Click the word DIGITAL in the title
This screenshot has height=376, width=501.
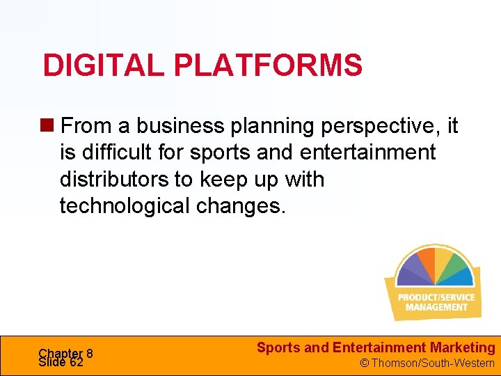pyautogui.click(x=104, y=65)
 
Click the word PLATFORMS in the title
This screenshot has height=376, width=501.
pyautogui.click(x=267, y=65)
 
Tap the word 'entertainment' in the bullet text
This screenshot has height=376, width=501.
pyautogui.click(x=367, y=152)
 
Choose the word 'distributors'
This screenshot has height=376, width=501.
pyautogui.click(x=114, y=179)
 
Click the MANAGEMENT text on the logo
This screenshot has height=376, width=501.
pyautogui.click(x=436, y=307)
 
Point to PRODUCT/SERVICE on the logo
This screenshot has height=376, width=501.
pyautogui.click(x=436, y=297)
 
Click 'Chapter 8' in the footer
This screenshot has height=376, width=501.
pyautogui.click(x=66, y=353)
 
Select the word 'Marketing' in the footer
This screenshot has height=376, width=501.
pyautogui.click(x=463, y=347)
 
